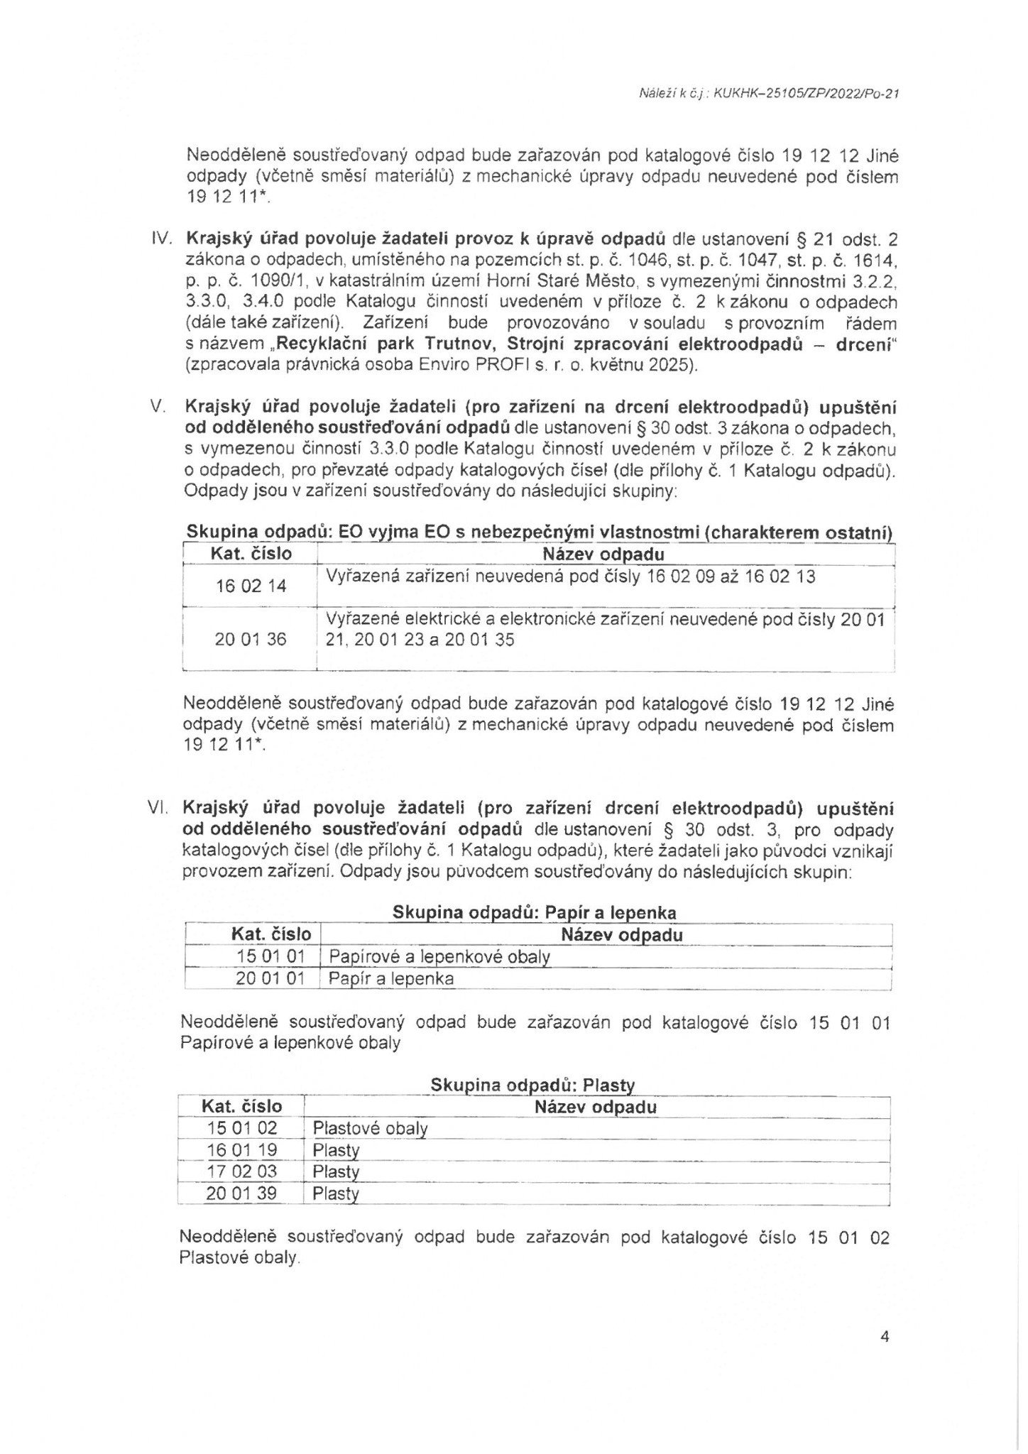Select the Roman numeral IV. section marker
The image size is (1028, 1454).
click(x=164, y=239)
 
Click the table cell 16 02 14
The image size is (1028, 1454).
click(x=251, y=586)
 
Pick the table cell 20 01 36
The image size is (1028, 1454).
click(x=251, y=639)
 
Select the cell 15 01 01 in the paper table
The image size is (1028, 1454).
click(x=270, y=956)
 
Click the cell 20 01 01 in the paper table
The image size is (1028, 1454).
click(x=270, y=978)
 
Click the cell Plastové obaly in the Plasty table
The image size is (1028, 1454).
click(x=370, y=1128)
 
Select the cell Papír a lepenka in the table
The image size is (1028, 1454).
click(x=391, y=978)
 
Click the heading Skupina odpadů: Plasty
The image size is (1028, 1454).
click(x=532, y=1086)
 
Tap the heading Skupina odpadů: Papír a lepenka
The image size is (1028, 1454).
click(x=534, y=913)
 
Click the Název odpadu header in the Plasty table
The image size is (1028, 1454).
click(x=596, y=1107)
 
